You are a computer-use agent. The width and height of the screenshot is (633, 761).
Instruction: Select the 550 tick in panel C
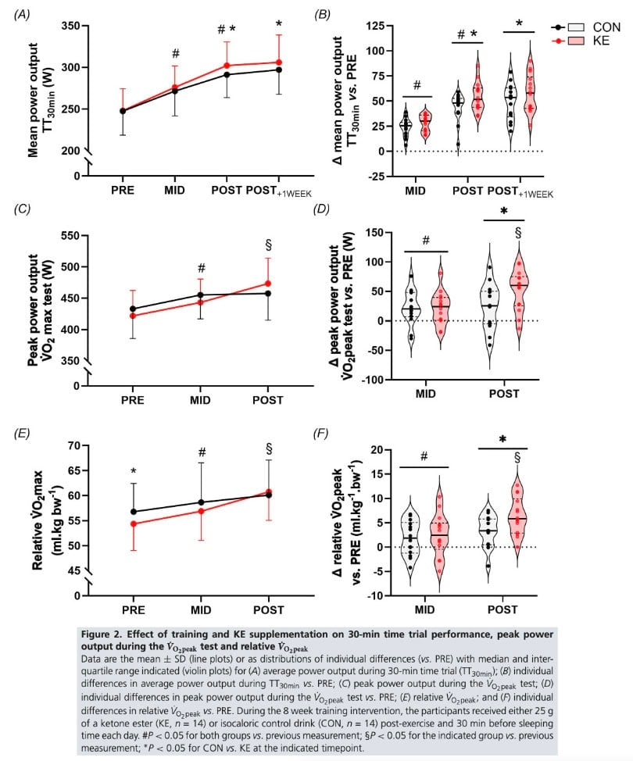pyautogui.click(x=69, y=235)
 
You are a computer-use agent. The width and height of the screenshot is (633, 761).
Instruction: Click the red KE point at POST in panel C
pyautogui.click(x=268, y=284)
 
